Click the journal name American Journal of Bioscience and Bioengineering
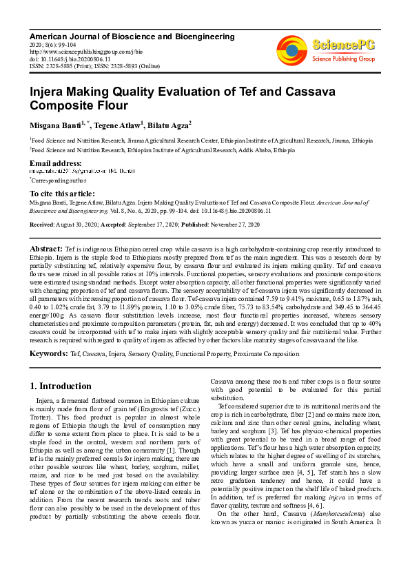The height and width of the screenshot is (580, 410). point(132,37)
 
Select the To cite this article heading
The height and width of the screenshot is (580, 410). point(62,194)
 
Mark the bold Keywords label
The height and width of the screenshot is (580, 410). point(48,353)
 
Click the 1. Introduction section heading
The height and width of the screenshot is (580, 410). point(61,386)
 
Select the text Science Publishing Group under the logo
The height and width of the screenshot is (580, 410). point(342,60)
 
